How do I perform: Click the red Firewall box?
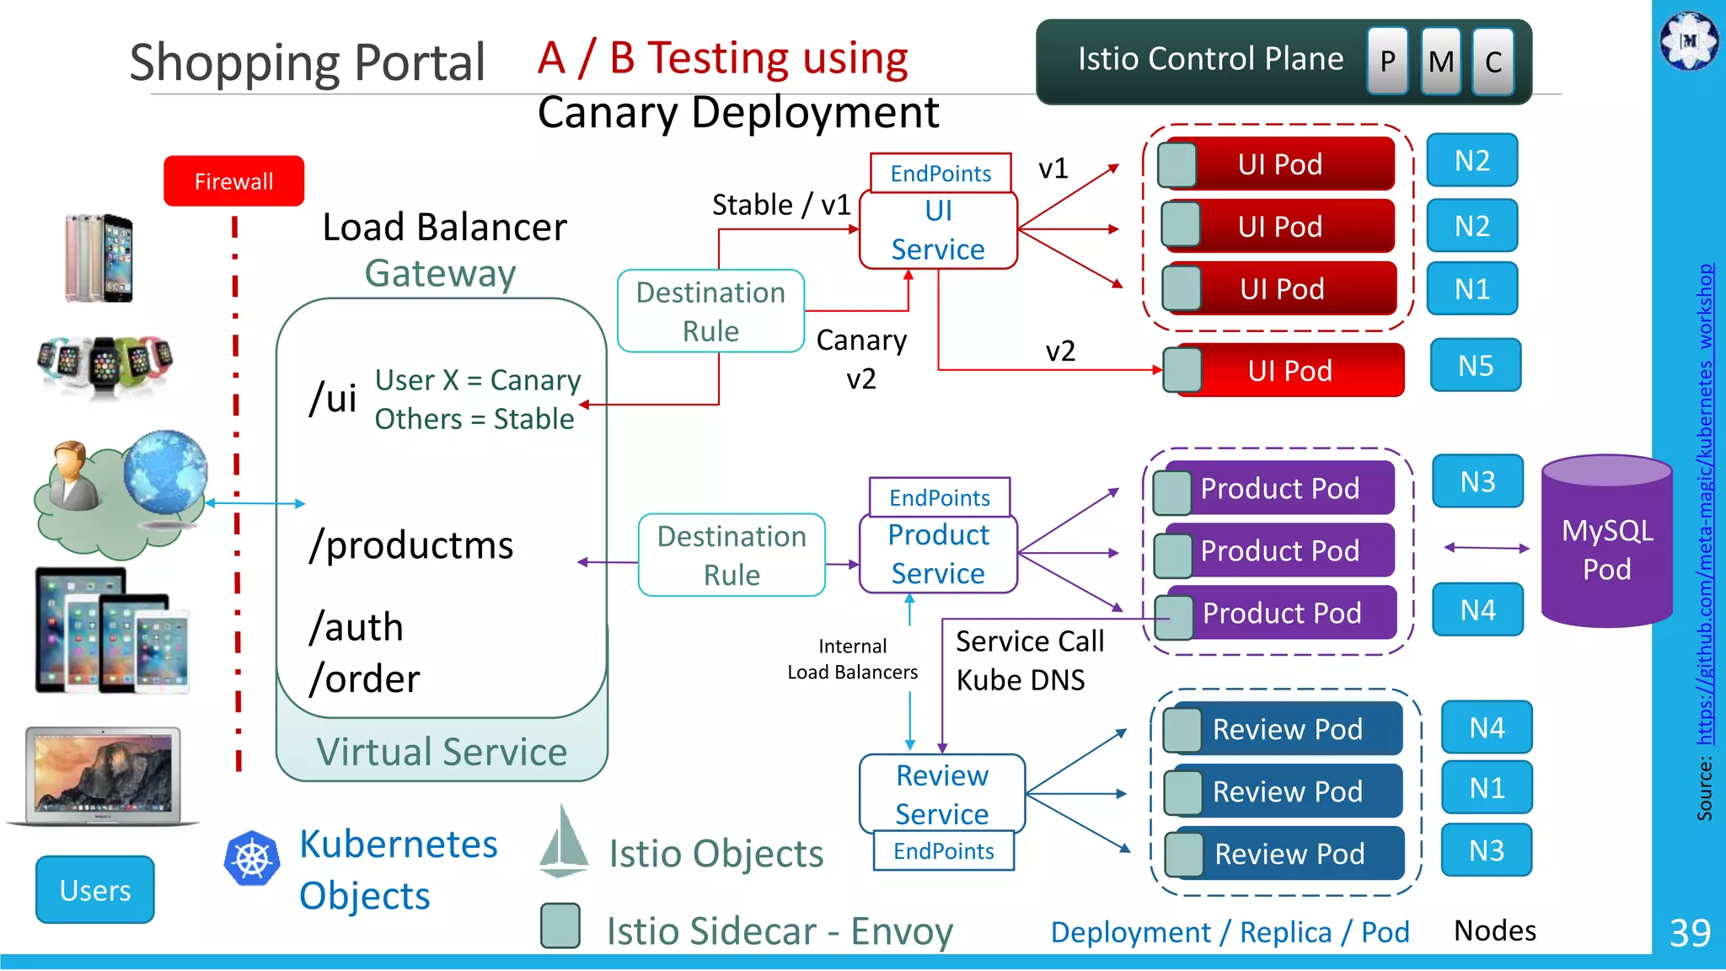(x=233, y=181)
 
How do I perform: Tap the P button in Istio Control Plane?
(x=1387, y=61)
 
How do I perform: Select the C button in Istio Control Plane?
(x=1493, y=61)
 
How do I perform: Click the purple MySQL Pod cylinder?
(x=1606, y=548)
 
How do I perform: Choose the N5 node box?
(x=1475, y=366)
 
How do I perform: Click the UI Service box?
(x=938, y=230)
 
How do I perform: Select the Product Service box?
(x=938, y=554)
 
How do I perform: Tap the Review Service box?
(x=941, y=794)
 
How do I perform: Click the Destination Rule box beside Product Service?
(x=732, y=555)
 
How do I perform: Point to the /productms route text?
(x=411, y=545)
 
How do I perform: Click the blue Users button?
(x=95, y=890)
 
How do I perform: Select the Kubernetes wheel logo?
(x=251, y=859)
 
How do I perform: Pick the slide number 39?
(x=1689, y=933)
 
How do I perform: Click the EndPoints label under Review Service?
(x=943, y=851)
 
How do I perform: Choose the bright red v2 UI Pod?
(x=1289, y=371)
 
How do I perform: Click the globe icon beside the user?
(x=165, y=472)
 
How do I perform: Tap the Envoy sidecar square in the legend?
(x=560, y=925)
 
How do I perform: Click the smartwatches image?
(x=105, y=363)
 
